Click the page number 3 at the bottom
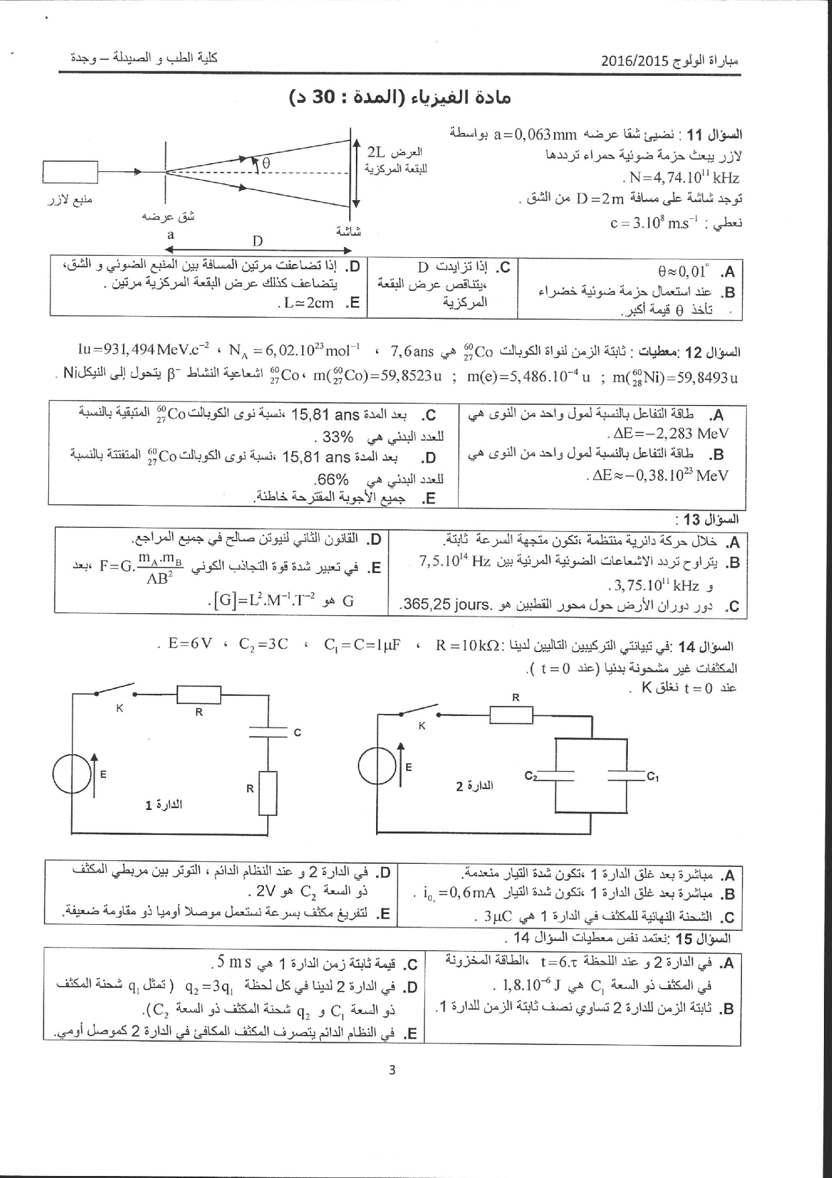(392, 1070)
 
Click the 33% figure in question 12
(338, 437)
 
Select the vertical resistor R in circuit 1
(267, 793)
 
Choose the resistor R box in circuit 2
(512, 715)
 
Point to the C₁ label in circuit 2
(652, 777)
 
